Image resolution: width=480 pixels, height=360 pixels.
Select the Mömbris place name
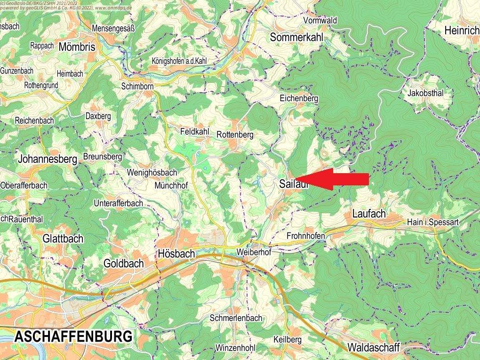click(x=77, y=47)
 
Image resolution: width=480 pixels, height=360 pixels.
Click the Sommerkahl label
click(x=296, y=37)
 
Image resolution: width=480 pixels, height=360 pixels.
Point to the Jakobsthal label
click(x=425, y=93)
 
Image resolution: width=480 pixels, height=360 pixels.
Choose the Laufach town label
click(x=369, y=214)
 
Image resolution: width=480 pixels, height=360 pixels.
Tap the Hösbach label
click(x=176, y=254)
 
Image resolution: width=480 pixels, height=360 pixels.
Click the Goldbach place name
click(x=123, y=264)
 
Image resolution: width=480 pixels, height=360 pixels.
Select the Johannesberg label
click(x=47, y=159)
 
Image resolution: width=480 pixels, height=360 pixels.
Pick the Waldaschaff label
click(x=374, y=348)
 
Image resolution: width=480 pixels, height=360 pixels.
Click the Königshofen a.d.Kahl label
click(x=179, y=61)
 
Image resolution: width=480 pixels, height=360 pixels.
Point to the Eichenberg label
click(x=299, y=99)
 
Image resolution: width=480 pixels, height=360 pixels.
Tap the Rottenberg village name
click(x=235, y=135)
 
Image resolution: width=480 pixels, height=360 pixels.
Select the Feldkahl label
click(x=194, y=132)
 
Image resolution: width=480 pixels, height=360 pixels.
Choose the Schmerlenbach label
click(x=236, y=318)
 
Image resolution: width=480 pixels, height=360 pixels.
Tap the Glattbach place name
click(x=63, y=239)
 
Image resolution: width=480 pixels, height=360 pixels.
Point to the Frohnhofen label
click(x=306, y=235)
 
